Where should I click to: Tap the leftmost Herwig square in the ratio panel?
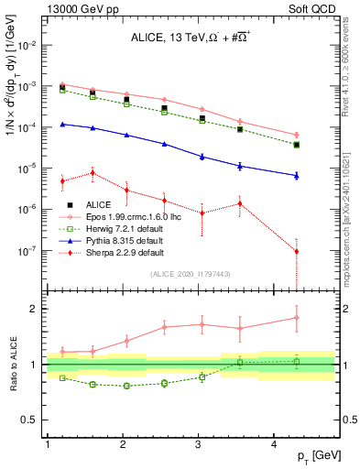62,377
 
